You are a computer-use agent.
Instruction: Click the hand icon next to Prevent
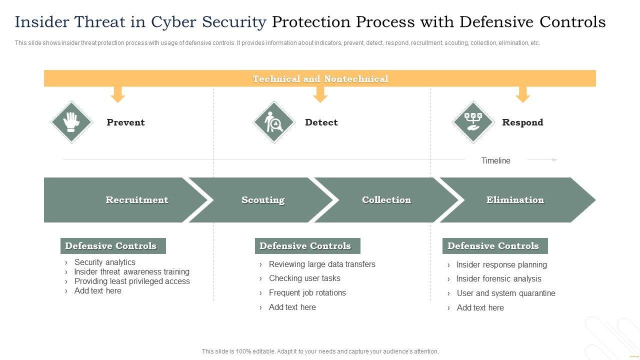71,122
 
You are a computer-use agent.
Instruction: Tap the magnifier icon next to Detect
274,122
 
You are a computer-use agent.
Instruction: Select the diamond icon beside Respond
473,122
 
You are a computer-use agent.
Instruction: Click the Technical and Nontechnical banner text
320,78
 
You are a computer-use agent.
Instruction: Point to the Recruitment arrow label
137,199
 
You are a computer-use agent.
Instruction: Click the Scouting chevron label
263,200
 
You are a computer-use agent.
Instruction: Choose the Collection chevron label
386,199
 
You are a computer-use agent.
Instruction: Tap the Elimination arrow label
515,199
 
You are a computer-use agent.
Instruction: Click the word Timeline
495,160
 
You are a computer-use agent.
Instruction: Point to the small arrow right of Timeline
542,159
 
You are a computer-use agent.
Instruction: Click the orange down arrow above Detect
320,94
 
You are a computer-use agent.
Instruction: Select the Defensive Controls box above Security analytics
113,245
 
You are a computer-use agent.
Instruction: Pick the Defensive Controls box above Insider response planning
495,245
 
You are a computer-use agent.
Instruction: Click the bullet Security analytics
105,262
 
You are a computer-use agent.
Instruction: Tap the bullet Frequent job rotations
307,292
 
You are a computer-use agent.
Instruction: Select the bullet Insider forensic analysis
499,278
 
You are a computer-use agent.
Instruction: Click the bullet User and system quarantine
506,293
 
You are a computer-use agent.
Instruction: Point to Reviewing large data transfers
322,264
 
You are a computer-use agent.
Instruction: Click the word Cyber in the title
173,22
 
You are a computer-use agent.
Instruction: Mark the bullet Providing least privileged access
132,281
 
